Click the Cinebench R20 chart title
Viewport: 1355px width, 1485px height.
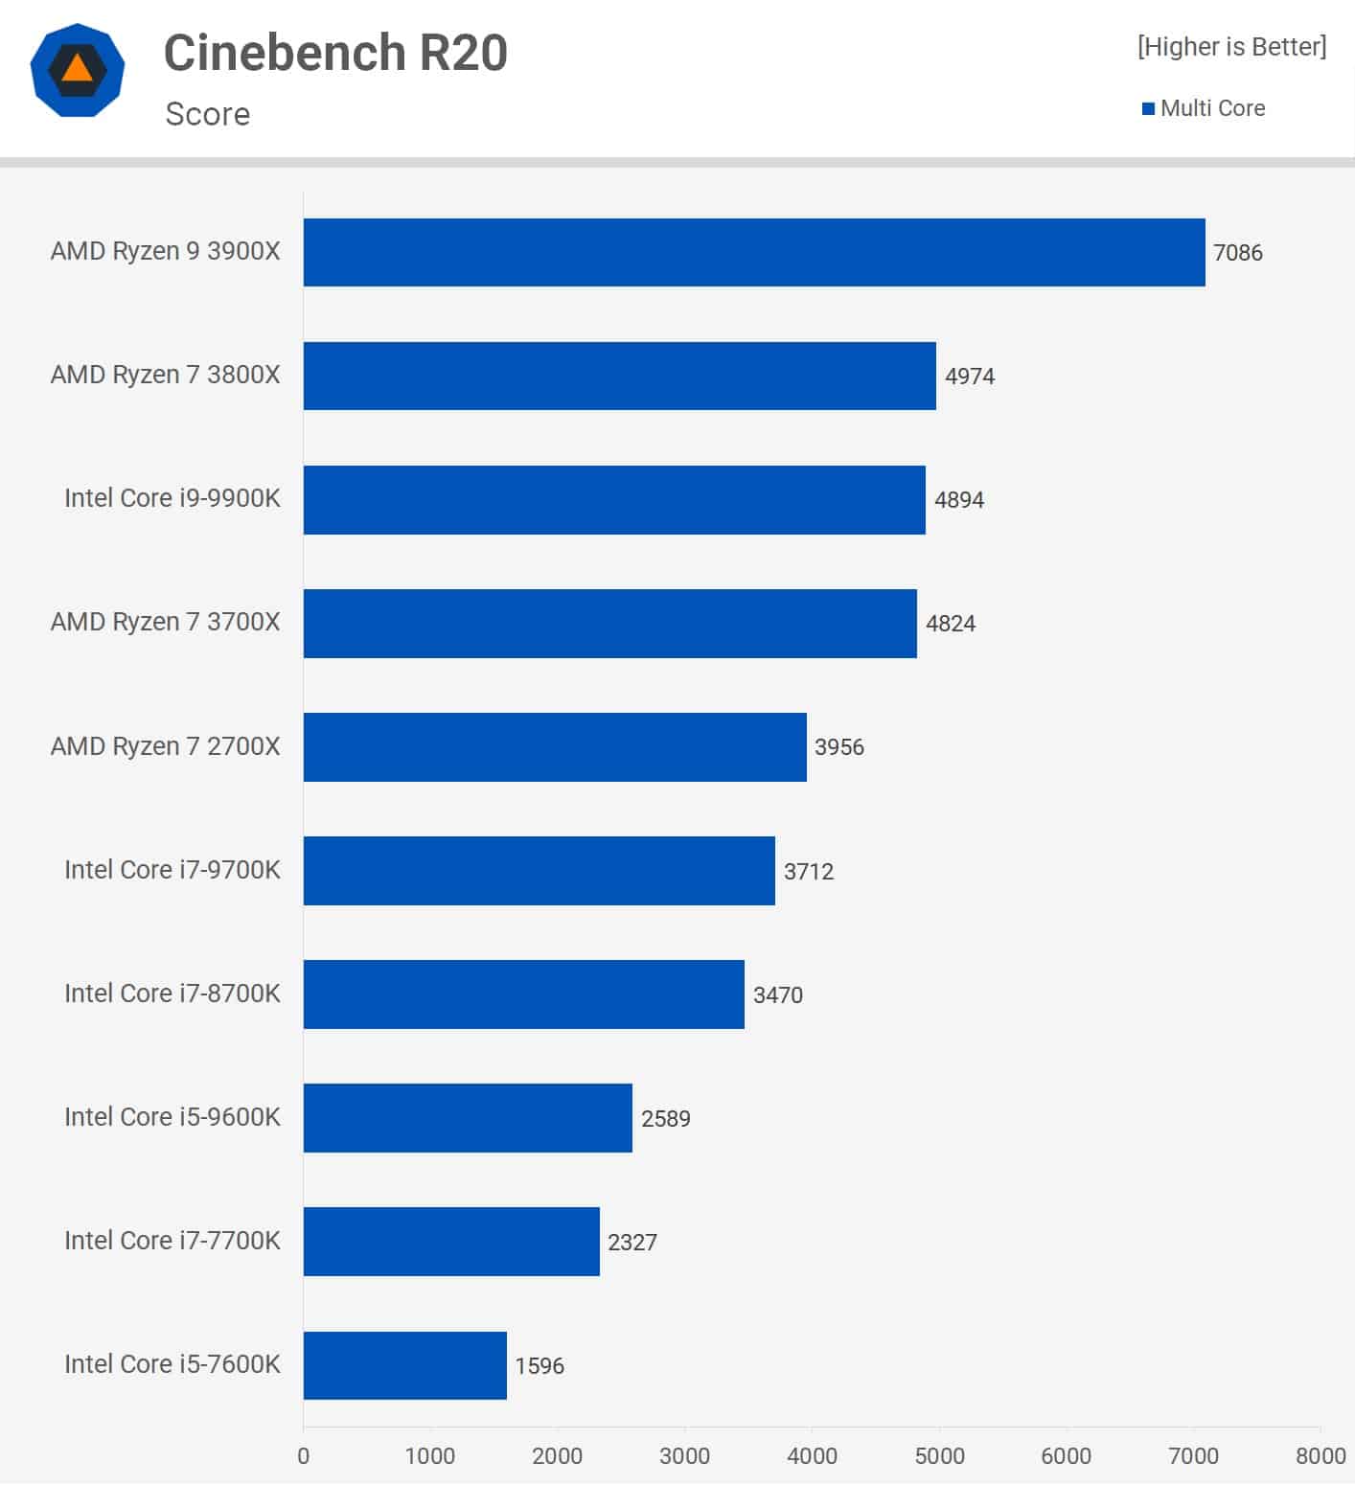click(335, 53)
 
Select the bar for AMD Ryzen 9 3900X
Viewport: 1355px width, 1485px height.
click(754, 252)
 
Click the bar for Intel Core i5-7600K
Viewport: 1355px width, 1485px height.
click(404, 1365)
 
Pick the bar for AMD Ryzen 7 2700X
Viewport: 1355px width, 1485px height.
click(555, 746)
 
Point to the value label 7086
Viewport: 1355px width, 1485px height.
click(1237, 253)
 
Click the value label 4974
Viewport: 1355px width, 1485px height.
click(969, 377)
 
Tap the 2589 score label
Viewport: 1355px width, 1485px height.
click(665, 1119)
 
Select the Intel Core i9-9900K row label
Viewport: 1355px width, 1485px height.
click(172, 498)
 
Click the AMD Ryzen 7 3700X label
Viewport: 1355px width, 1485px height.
click(166, 622)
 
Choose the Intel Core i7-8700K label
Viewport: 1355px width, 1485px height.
click(172, 994)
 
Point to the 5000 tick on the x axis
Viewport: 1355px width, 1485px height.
click(939, 1456)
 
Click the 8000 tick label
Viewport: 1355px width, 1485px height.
click(1320, 1456)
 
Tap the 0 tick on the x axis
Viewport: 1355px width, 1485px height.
click(304, 1456)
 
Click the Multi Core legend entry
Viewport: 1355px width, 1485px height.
click(1204, 108)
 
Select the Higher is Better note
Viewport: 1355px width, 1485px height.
click(1231, 47)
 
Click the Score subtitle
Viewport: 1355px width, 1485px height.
click(208, 114)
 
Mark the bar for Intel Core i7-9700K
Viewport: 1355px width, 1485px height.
click(539, 870)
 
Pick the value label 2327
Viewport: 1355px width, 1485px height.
click(632, 1243)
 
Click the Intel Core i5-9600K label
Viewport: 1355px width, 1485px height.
click(172, 1117)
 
